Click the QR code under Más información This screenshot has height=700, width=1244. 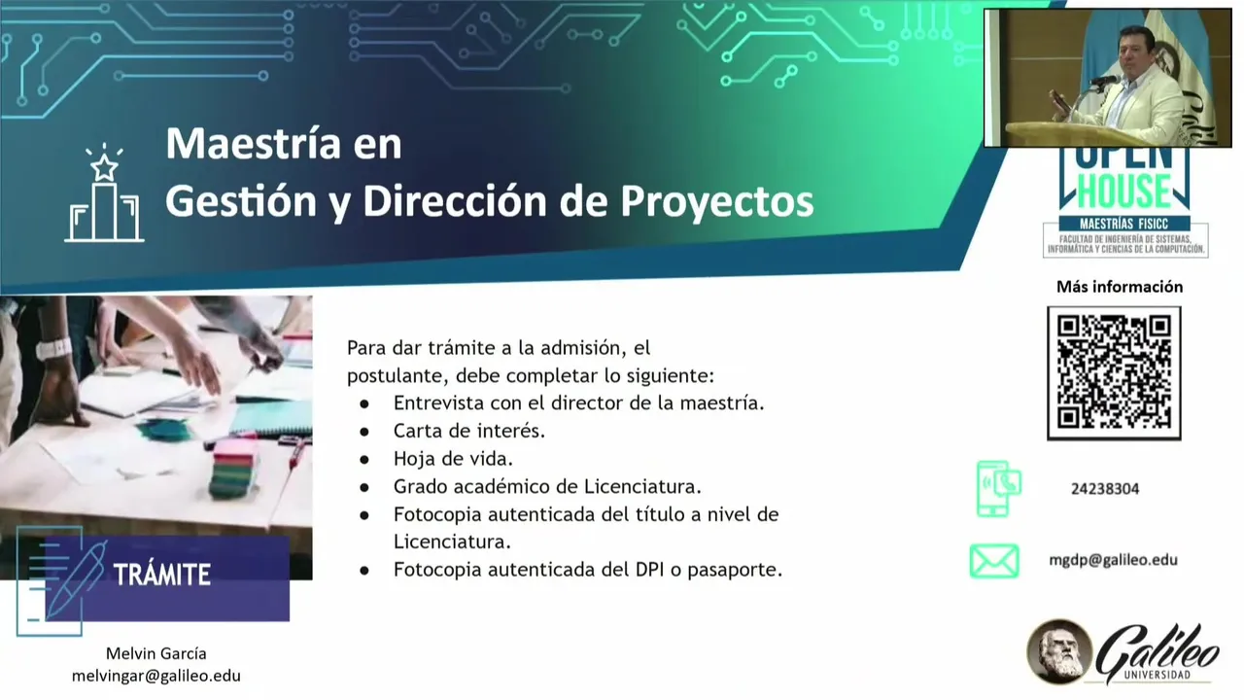tap(1114, 372)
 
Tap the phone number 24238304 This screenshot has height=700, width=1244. tap(1105, 489)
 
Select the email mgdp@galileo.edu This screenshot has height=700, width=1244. tap(1113, 560)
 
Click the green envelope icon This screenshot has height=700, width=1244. tap(994, 561)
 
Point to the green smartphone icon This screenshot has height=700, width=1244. tap(998, 489)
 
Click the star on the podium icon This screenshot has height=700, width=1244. tap(104, 167)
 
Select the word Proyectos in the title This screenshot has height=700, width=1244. tap(716, 201)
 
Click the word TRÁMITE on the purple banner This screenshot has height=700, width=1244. tap(161, 574)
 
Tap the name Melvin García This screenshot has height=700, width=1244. tap(156, 653)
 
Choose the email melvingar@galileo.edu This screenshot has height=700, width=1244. tap(156, 676)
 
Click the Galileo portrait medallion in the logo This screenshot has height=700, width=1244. tap(1058, 652)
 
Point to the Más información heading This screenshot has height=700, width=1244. tap(1119, 287)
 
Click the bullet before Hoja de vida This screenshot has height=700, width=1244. tap(364, 460)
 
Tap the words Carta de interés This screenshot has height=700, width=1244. tap(469, 431)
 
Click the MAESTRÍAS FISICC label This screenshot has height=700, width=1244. tap(1124, 224)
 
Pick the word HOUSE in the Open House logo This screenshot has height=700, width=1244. tap(1124, 190)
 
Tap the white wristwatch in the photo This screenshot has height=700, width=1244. tap(53, 349)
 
